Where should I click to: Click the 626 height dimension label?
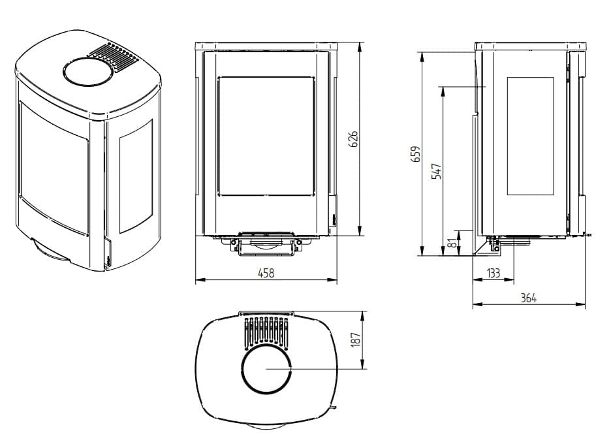pos(352,139)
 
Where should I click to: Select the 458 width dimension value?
pos(266,273)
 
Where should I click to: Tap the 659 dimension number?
pos(416,154)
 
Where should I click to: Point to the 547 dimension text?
pos(437,171)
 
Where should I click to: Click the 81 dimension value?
pos(452,244)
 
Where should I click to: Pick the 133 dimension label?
pos(493,273)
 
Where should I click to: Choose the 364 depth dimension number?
pos(529,298)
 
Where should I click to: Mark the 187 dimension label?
pos(355,340)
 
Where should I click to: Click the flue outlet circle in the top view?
pos(266,368)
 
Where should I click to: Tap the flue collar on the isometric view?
pos(88,71)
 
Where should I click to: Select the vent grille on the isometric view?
pos(114,57)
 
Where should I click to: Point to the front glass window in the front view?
pos(266,136)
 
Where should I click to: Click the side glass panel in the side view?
pos(530,136)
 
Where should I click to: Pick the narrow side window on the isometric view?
pos(136,176)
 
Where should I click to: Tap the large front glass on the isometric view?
pos(54,168)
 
